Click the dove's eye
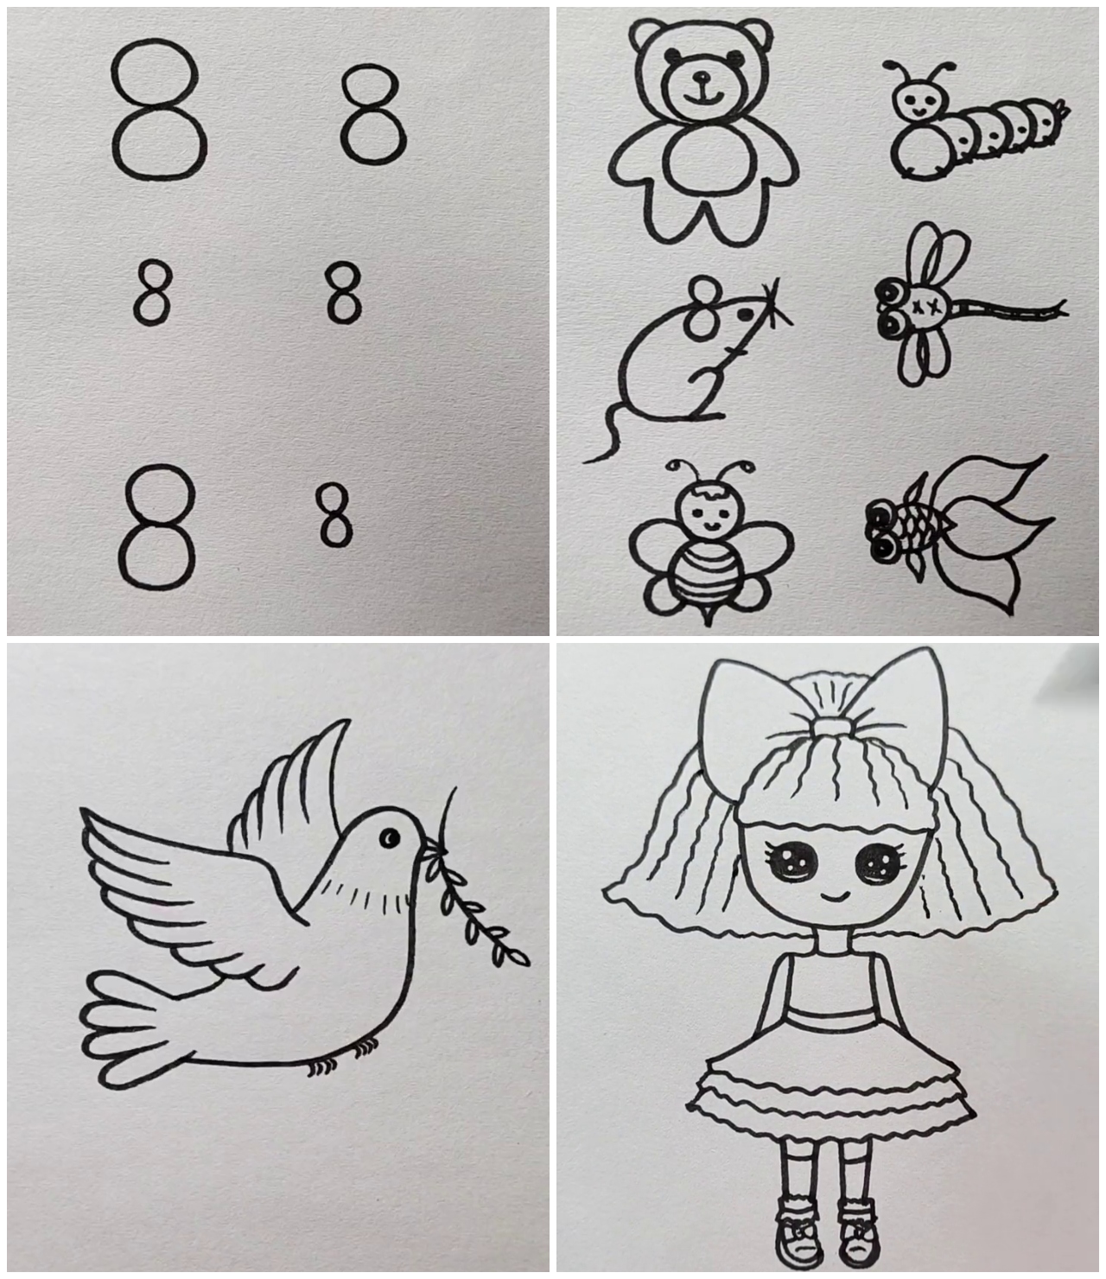coord(390,838)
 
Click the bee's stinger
coord(709,615)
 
